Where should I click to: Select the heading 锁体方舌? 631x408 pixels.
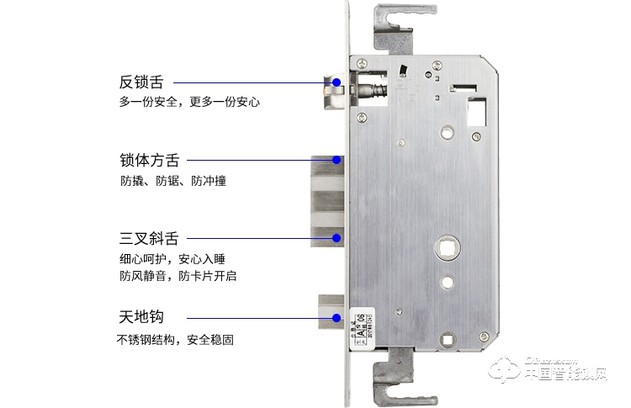[x=150, y=159]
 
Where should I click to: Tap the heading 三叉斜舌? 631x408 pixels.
[x=150, y=238]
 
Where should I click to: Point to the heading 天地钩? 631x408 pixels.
[x=141, y=318]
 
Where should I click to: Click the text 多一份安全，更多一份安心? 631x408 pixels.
[x=189, y=103]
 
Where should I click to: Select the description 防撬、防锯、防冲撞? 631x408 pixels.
[x=172, y=180]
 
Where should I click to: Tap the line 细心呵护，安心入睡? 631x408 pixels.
[x=172, y=259]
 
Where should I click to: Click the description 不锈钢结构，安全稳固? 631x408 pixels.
[x=175, y=340]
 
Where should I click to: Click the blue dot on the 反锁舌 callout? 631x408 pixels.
[x=337, y=83]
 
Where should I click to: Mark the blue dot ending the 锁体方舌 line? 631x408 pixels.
[x=337, y=159]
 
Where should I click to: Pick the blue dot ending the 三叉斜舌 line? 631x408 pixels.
[x=337, y=238]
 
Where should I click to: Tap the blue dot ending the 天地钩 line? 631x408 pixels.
[x=337, y=318]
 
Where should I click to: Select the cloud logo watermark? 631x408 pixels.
[x=506, y=371]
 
